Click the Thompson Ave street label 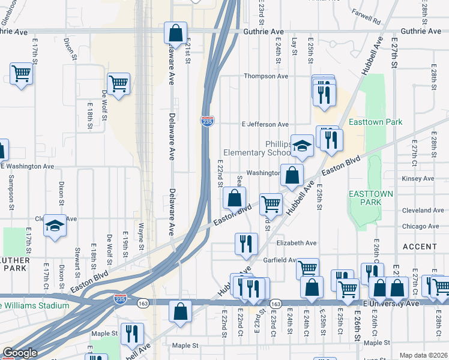click(265, 76)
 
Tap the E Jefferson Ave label click(265, 124)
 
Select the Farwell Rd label click(367, 20)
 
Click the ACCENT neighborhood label click(420, 247)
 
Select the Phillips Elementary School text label click(257, 148)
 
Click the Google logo click(20, 353)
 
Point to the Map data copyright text click(423, 355)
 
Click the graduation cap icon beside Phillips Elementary click(303, 145)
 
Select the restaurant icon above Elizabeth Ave click(246, 242)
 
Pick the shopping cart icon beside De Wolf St click(118, 83)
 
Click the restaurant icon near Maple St click(132, 333)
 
